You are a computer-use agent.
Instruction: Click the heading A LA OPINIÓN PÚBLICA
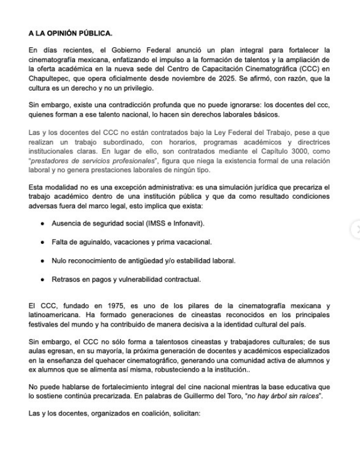pyautogui.click(x=66, y=33)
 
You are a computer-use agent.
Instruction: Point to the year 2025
pyautogui.click(x=278, y=78)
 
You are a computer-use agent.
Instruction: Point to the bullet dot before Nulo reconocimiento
pyautogui.click(x=43, y=261)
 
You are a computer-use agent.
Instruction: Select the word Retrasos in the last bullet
pyautogui.click(x=67, y=278)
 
